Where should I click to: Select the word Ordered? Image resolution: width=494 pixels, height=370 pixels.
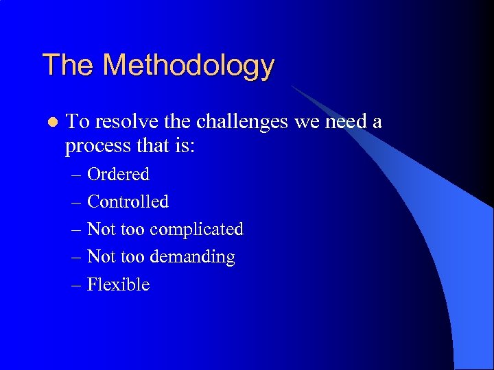tap(118, 175)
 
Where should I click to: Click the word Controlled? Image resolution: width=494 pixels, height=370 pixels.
tap(128, 202)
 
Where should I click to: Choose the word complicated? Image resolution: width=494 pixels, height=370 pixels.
tap(196, 230)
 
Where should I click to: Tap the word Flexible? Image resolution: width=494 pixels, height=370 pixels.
tap(118, 284)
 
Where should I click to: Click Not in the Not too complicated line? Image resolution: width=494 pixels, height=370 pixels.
tap(102, 230)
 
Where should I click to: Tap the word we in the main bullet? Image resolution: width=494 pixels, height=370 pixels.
tap(305, 122)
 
